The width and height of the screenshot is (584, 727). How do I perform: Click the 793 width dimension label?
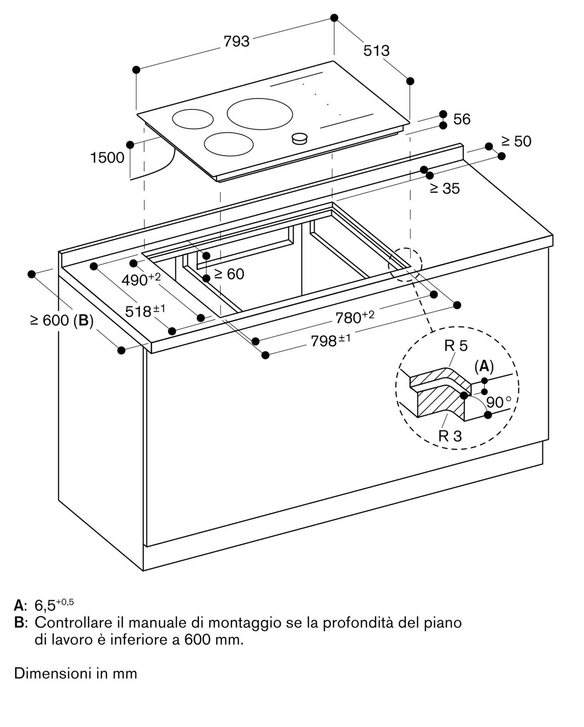[237, 41]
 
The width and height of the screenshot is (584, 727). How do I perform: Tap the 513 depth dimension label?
[376, 51]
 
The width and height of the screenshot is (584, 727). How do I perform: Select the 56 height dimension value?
[462, 119]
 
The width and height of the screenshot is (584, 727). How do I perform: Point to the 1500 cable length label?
[107, 158]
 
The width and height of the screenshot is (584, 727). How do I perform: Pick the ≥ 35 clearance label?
[445, 188]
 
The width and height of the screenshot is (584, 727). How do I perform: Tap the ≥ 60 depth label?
[229, 274]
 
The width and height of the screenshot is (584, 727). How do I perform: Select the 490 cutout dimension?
[141, 279]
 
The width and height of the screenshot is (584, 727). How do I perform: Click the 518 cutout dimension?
[145, 311]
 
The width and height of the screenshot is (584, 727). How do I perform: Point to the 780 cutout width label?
[355, 317]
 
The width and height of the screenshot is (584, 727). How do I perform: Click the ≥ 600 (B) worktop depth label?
[62, 321]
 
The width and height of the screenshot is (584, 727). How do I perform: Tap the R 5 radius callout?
[456, 346]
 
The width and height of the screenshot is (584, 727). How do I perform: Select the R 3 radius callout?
[450, 436]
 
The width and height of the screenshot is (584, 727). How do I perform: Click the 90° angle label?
[499, 402]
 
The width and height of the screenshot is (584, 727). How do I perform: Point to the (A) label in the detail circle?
[484, 367]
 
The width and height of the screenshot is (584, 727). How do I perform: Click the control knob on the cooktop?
[300, 138]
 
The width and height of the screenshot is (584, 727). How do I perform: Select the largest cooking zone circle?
[260, 114]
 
